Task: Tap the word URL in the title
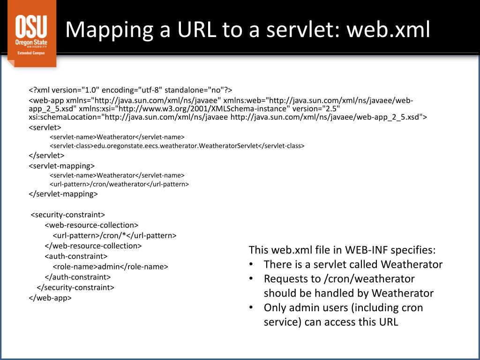pyautogui.click(x=193, y=30)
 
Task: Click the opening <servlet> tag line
pyautogui.click(x=45, y=127)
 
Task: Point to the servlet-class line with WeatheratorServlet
pyautogui.click(x=177, y=146)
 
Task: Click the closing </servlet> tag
pyautogui.click(x=46, y=156)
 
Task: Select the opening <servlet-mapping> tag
pyautogui.click(x=61, y=165)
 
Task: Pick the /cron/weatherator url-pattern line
pyautogui.click(x=119, y=184)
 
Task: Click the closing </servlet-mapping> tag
pyautogui.click(x=63, y=194)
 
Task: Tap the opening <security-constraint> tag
pyautogui.click(x=68, y=215)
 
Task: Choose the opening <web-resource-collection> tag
pyautogui.click(x=91, y=225)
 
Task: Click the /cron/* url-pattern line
pyautogui.click(x=114, y=236)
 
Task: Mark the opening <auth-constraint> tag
pyautogui.click(x=76, y=256)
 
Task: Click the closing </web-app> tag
pyautogui.click(x=50, y=298)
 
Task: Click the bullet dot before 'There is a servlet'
pyautogui.click(x=252, y=264)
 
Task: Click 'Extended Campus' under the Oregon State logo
pyautogui.click(x=31, y=53)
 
